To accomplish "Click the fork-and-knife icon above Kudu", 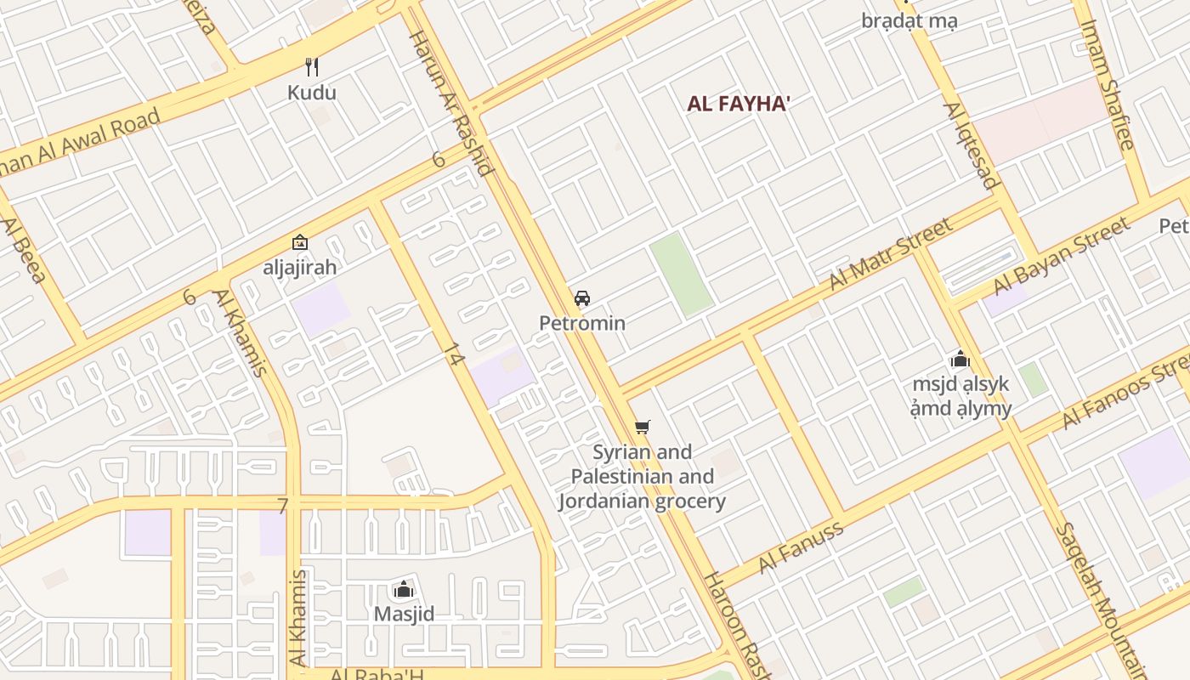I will coord(312,67).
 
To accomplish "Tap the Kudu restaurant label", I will coord(312,93).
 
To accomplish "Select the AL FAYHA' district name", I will coord(739,105).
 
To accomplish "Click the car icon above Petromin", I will coord(582,298).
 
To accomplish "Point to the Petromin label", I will coord(582,323).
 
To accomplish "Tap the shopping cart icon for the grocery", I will coord(643,427).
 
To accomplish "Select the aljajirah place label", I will coord(299,267).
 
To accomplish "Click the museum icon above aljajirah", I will coord(299,243).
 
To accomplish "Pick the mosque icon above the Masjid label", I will coord(404,589).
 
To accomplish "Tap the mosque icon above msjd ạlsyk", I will coord(960,359).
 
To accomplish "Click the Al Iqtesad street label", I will coord(970,145).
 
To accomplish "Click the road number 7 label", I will coord(283,506).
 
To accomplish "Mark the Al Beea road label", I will coord(23,251).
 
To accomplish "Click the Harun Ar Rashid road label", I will coord(451,103).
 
